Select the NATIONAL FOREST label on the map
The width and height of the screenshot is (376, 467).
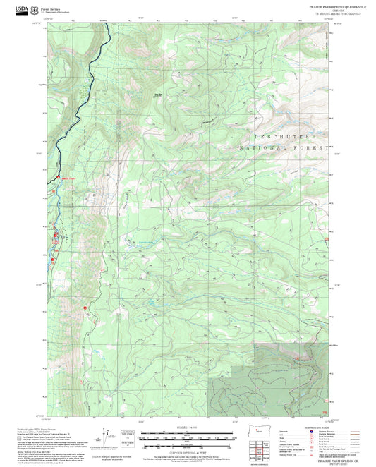pyautogui.click(x=282, y=148)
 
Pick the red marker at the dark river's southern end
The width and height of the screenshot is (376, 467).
pyautogui.click(x=58, y=177)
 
